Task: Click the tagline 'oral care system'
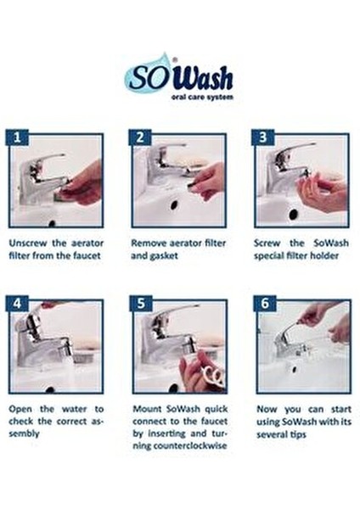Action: point(201,98)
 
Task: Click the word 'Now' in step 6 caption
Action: point(268,408)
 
